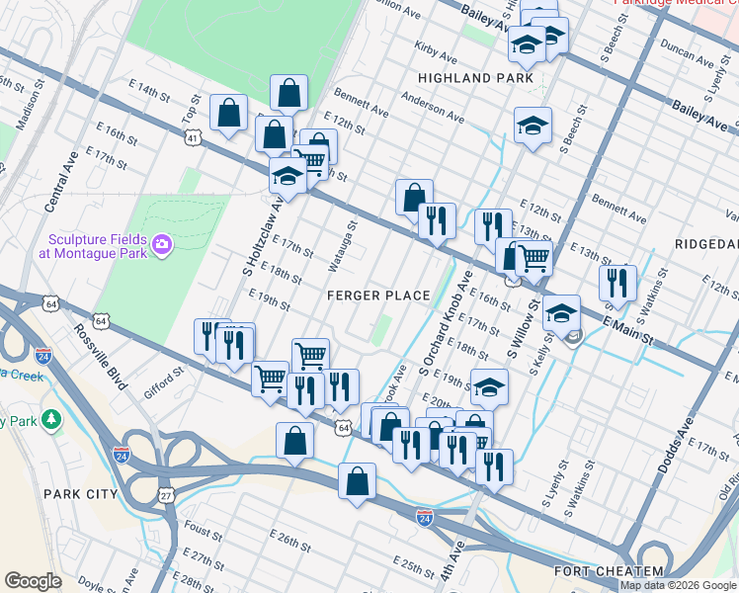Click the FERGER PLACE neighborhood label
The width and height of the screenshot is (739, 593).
point(380,296)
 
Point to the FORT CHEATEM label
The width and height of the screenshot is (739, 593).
point(609,571)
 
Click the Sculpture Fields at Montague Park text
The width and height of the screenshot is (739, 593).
point(93,246)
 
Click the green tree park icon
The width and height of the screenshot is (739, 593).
point(51,421)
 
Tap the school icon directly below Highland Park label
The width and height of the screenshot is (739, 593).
point(533,127)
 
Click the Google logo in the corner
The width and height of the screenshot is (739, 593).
point(34,581)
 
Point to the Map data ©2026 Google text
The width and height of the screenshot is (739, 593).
point(678,585)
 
